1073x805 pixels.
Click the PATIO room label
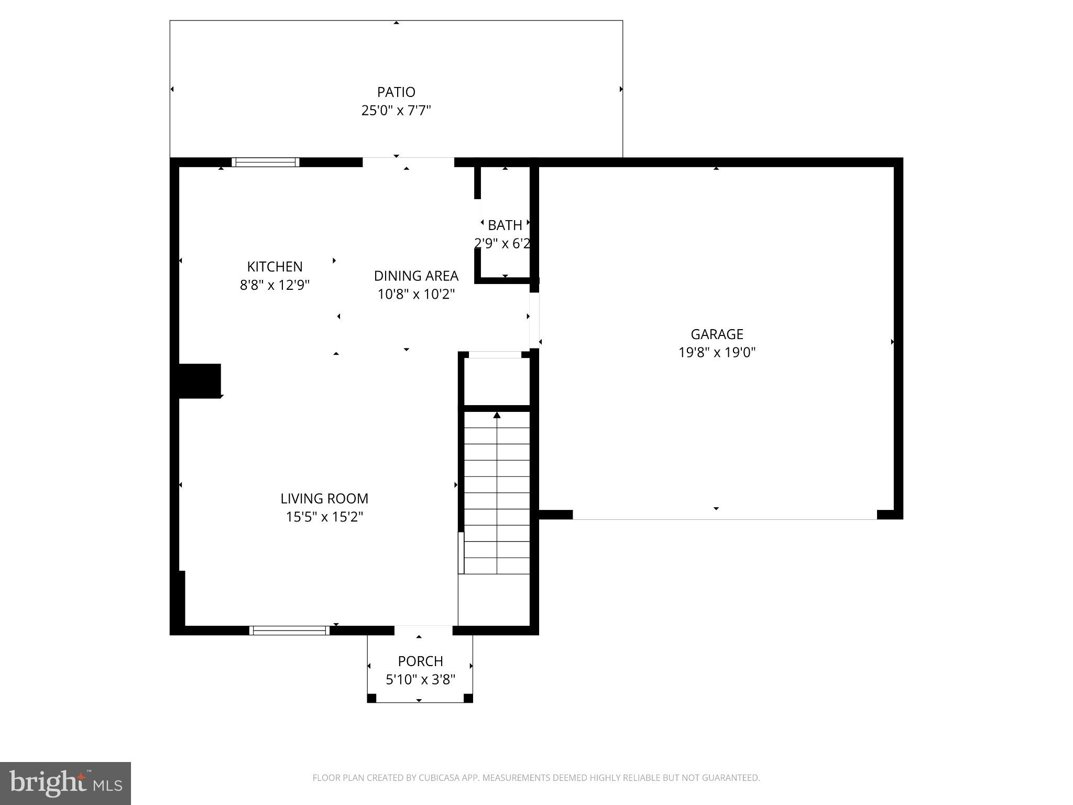pyautogui.click(x=396, y=92)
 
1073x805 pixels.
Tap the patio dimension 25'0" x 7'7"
pyautogui.click(x=396, y=111)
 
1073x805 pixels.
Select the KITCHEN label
pyautogui.click(x=275, y=267)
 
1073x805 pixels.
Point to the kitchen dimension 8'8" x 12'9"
pyautogui.click(x=275, y=285)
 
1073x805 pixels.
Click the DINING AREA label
pyautogui.click(x=416, y=276)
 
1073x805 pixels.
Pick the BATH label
pyautogui.click(x=505, y=225)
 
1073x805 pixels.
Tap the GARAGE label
pyautogui.click(x=717, y=334)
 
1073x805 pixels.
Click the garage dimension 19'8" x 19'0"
pyautogui.click(x=717, y=352)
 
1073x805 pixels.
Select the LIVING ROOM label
pyautogui.click(x=324, y=498)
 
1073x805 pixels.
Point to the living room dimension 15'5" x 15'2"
pyautogui.click(x=324, y=517)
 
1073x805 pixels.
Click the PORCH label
pyautogui.click(x=420, y=661)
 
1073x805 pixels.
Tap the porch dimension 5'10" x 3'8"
pyautogui.click(x=420, y=680)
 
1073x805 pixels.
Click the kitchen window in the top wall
pyautogui.click(x=266, y=162)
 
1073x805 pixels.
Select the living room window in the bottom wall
pyautogui.click(x=289, y=630)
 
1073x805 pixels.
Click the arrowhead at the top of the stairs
pyautogui.click(x=497, y=416)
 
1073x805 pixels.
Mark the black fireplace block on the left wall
pyautogui.click(x=200, y=380)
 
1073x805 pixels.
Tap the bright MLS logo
pyautogui.click(x=65, y=783)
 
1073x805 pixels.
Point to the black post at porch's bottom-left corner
pyautogui.click(x=371, y=698)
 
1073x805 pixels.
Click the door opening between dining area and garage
pyautogui.click(x=534, y=320)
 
